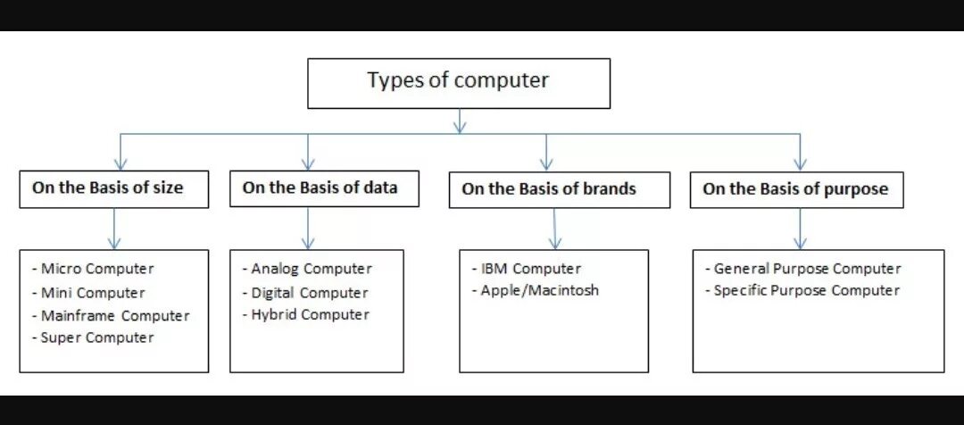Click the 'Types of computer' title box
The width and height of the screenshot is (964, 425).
pos(459,82)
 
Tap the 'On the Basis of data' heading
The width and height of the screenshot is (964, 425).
pos(320,187)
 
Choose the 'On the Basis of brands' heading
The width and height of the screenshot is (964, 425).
pos(549,189)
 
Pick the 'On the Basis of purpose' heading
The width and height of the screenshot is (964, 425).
pos(795,189)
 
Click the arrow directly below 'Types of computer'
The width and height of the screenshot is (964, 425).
pos(459,121)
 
